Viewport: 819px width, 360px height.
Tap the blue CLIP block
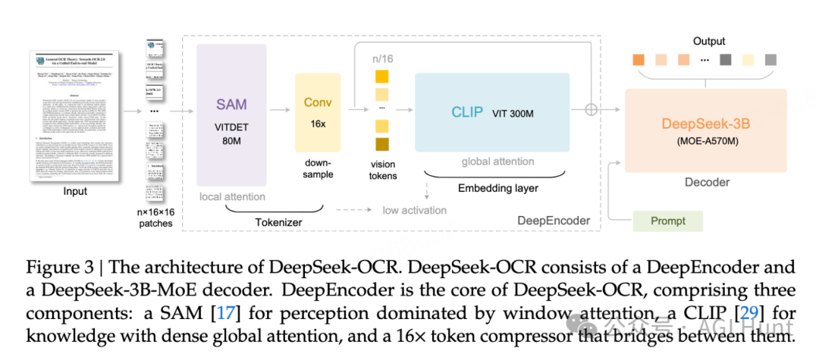492,113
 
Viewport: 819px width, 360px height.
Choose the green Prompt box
667,221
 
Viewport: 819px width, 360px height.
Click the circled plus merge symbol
591,109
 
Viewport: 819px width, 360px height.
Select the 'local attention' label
232,197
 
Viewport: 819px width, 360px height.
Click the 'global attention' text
497,161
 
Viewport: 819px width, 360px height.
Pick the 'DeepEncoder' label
553,221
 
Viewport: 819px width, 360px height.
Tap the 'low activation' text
414,210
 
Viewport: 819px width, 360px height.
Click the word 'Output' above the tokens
708,42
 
